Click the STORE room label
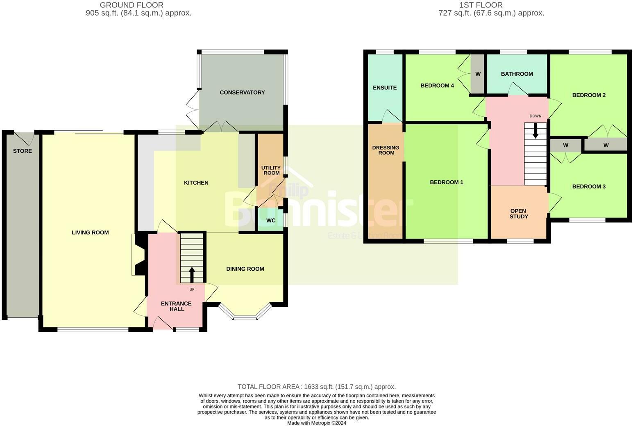22,151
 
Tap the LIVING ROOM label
90,232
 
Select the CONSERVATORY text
242,93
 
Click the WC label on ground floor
271,220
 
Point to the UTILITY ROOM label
271,170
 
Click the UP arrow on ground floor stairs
192,274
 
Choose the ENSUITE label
385,88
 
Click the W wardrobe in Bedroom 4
478,74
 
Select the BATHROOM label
517,74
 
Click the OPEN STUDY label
519,214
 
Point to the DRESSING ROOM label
386,150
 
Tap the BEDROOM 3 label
589,187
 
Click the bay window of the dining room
245,316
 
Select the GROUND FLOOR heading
132,5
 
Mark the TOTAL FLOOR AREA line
316,387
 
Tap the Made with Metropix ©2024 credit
316,423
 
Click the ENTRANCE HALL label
176,306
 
